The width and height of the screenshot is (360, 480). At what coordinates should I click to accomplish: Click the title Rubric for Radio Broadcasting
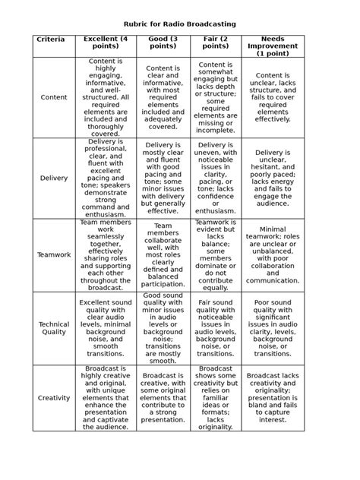(x=180, y=24)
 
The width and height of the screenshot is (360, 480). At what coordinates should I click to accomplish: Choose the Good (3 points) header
(x=163, y=43)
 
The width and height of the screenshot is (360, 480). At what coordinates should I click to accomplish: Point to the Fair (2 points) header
(x=216, y=43)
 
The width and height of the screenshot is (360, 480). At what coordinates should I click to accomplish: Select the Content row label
(x=54, y=97)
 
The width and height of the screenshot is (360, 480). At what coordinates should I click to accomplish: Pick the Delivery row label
(x=54, y=178)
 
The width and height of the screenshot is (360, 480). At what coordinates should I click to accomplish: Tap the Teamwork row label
(x=54, y=255)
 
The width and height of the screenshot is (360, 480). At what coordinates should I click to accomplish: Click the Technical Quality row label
(x=54, y=327)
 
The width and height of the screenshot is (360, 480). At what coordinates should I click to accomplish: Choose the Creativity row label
(x=54, y=397)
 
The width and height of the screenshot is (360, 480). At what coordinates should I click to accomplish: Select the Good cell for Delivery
(x=163, y=178)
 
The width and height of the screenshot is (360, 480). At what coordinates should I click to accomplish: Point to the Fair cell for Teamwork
(x=216, y=255)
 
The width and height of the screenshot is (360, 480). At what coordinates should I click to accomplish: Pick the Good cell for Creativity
(x=163, y=397)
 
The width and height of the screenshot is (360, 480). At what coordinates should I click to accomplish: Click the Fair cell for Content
(x=216, y=97)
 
